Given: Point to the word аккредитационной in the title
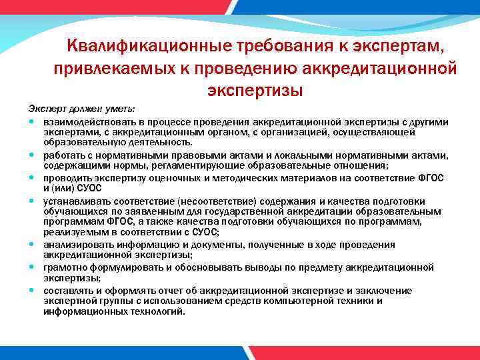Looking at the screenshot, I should [380, 67].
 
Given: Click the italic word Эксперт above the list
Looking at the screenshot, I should [43, 108].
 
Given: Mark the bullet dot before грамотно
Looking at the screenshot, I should [32, 268].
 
